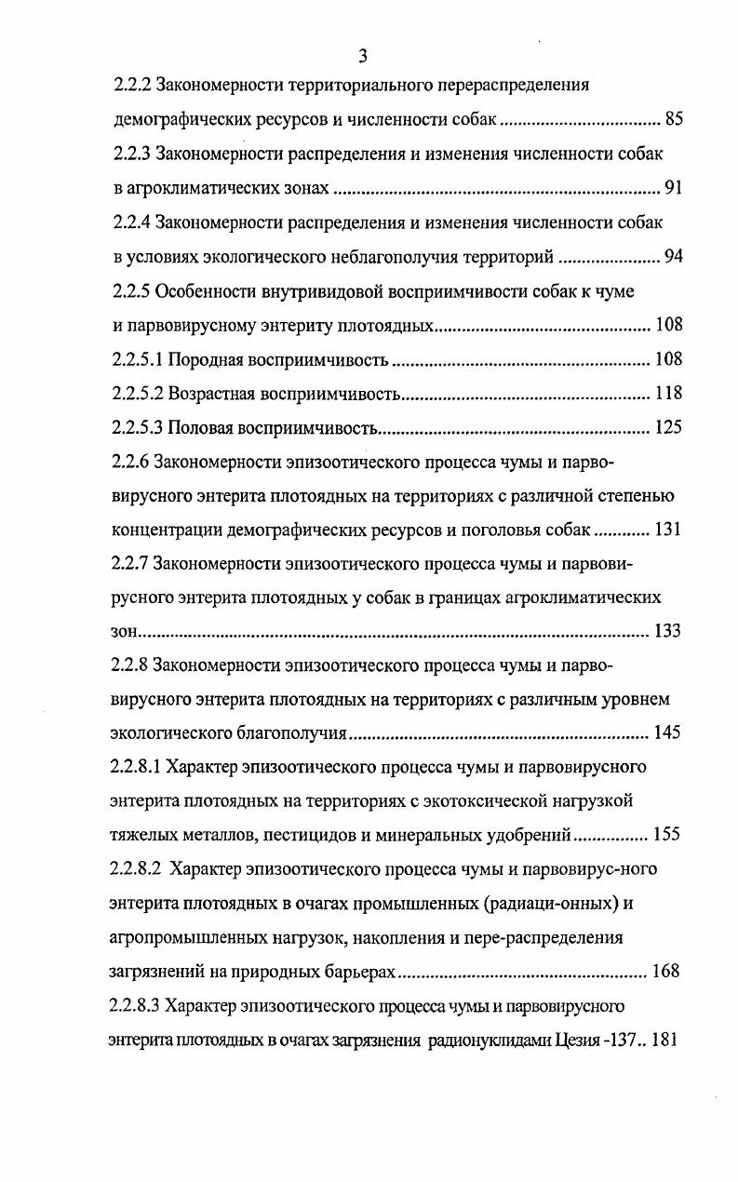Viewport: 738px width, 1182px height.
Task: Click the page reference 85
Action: pos(674,120)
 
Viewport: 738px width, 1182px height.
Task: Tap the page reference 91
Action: pos(674,189)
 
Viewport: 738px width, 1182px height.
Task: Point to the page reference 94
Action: pos(674,257)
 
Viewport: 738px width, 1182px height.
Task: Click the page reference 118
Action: pos(668,394)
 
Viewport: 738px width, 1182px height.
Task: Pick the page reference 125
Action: pos(668,428)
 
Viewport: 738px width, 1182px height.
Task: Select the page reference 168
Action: pos(666,972)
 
